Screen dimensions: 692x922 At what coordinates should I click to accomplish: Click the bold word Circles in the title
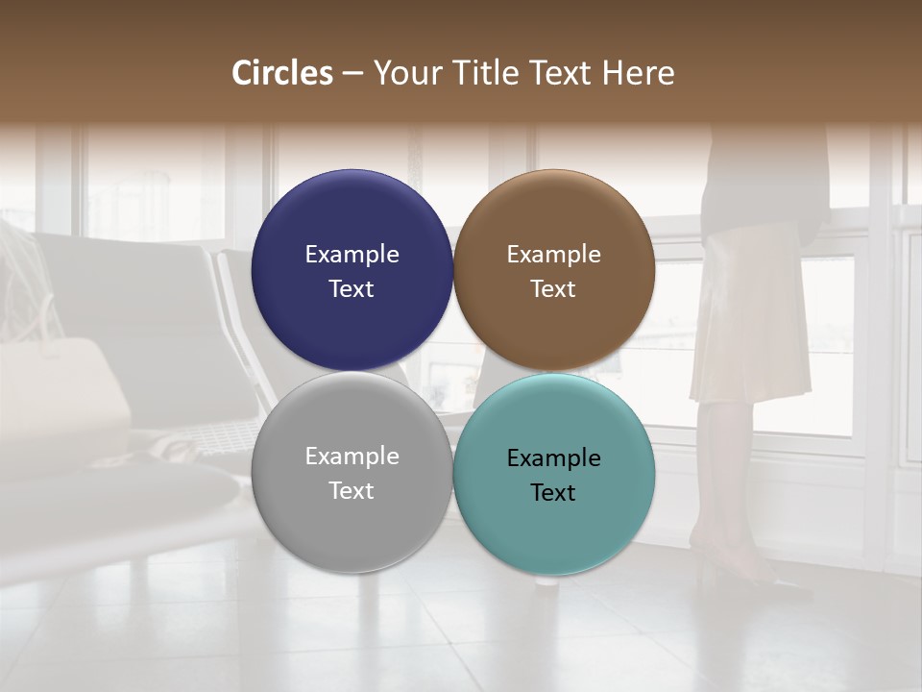282,73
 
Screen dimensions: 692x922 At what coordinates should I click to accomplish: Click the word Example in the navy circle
352,255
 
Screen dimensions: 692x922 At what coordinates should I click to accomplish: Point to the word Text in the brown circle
553,289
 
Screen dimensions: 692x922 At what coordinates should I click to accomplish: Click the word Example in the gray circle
352,457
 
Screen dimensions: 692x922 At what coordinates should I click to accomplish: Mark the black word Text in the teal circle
553,493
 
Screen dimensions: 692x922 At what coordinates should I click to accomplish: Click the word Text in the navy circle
352,289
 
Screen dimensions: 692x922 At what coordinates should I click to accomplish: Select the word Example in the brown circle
553,255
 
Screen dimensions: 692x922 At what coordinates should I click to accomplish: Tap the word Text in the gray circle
352,491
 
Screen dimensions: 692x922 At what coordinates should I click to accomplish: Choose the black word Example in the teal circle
553,458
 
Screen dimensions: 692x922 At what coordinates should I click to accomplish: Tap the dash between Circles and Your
352,74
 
